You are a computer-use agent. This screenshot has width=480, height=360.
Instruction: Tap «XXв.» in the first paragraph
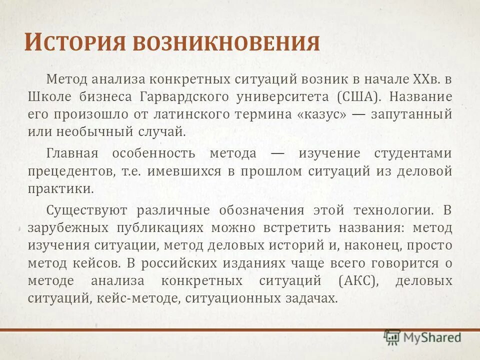tap(426, 79)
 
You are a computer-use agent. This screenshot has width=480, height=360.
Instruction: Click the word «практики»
tap(60, 189)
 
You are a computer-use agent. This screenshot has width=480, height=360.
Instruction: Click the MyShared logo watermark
tap(423, 337)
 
